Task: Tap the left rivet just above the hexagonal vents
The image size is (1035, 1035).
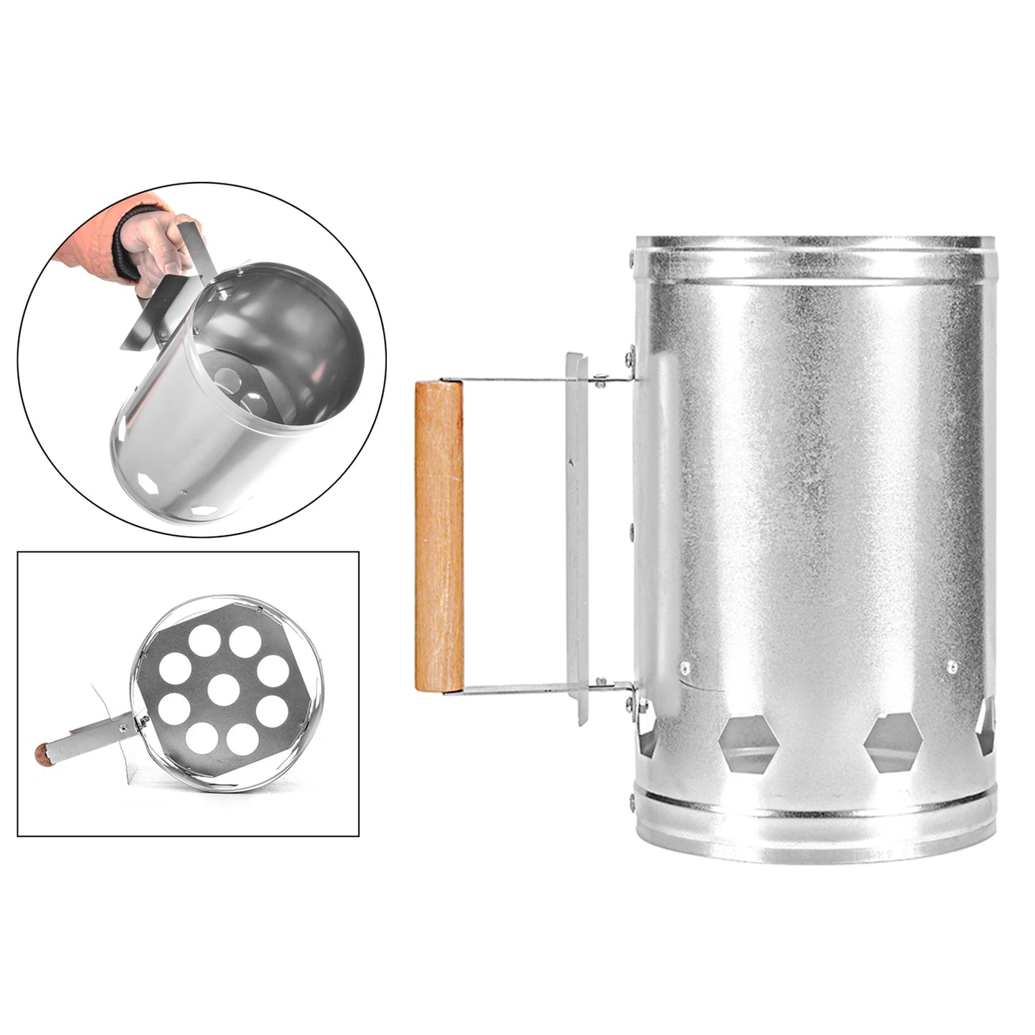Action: [x=685, y=667]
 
